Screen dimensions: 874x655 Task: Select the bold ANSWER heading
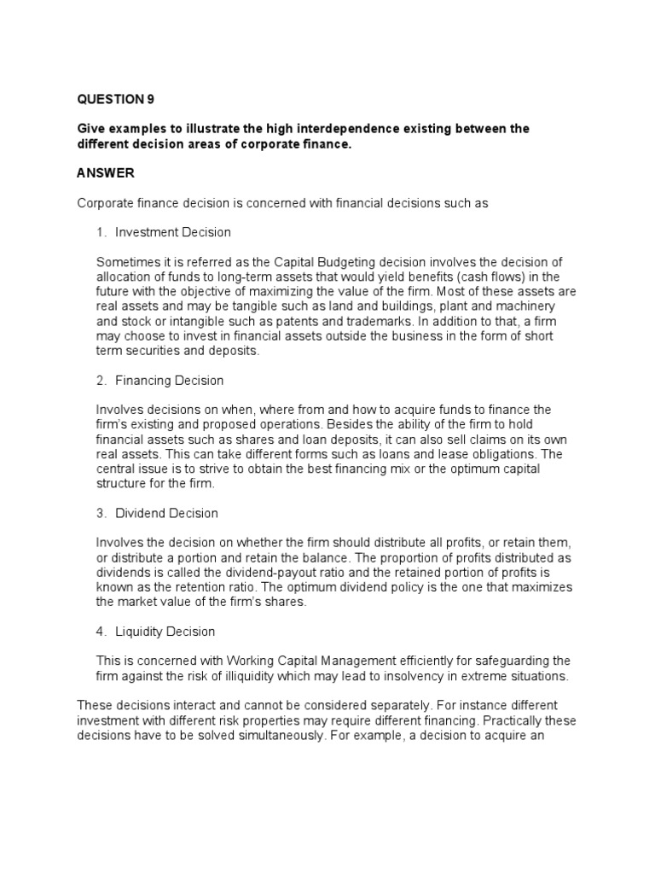(x=106, y=173)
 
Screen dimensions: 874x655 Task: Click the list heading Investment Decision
(x=173, y=232)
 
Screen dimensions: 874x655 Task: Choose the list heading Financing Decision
(x=170, y=380)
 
